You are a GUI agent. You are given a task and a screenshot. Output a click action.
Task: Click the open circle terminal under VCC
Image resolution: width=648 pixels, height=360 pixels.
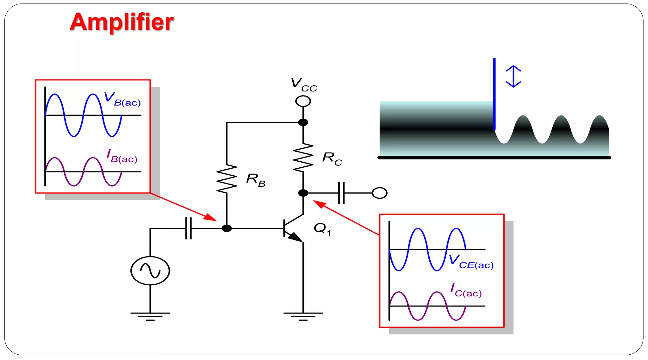[303, 101]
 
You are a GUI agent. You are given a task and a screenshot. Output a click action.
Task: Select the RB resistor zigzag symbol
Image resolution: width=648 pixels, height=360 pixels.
[227, 179]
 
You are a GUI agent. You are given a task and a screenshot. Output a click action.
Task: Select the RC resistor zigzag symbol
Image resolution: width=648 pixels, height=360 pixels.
[303, 157]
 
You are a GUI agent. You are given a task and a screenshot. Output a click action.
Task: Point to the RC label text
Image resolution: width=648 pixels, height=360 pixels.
[332, 158]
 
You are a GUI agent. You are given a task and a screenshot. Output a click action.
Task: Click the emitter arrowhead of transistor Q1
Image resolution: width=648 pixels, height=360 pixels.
[296, 237]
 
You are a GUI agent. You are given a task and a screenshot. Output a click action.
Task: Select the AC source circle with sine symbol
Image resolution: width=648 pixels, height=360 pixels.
[150, 271]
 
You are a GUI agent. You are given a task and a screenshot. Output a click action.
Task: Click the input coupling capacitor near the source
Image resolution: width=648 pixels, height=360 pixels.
[188, 228]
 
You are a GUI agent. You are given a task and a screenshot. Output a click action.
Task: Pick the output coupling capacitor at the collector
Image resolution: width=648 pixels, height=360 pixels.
[341, 193]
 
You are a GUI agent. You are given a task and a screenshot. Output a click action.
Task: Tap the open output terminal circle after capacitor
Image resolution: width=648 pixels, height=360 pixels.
[379, 193]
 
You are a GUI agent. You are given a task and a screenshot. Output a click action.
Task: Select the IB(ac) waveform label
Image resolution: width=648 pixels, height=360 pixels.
[122, 156]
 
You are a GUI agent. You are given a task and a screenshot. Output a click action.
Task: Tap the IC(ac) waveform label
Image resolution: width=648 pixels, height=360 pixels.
[466, 290]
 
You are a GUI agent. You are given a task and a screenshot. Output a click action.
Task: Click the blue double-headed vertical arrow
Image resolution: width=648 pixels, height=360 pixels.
[513, 76]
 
